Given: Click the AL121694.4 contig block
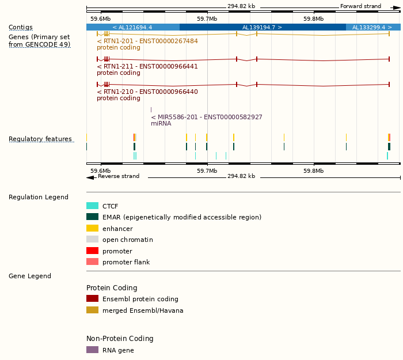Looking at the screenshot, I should click(x=132, y=27).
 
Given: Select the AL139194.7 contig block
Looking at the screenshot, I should click(x=262, y=27).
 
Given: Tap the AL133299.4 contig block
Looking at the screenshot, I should click(x=373, y=27).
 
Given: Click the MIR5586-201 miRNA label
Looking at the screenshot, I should click(x=207, y=117).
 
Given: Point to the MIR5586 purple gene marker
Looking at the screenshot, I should click(x=151, y=109).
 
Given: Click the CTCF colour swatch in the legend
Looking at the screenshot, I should click(x=92, y=206).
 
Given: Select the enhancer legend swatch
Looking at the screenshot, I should click(x=92, y=229).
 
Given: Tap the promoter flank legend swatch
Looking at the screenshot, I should click(x=92, y=262).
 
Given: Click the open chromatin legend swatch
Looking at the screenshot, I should click(x=92, y=240).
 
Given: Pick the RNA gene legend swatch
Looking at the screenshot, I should click(x=92, y=350).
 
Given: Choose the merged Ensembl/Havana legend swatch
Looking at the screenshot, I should click(x=92, y=310).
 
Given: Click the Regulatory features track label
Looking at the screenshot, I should click(x=40, y=139).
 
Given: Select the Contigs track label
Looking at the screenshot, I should click(x=21, y=27).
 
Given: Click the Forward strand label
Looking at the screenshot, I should click(x=360, y=6).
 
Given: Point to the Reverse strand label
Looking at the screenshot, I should click(x=119, y=176).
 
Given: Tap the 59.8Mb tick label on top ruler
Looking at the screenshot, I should click(x=313, y=18).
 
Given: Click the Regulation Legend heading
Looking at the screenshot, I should click(x=39, y=197).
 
